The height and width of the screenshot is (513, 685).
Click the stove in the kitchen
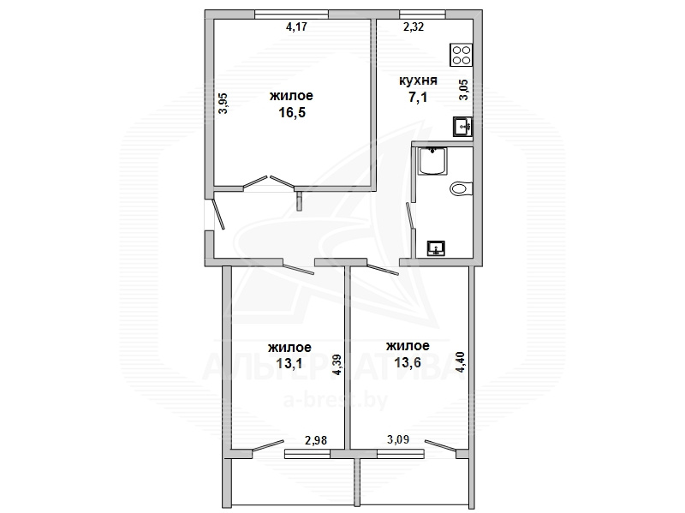[x=462, y=55]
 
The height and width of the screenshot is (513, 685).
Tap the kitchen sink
[x=462, y=126]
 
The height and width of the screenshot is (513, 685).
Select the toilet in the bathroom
[x=462, y=188]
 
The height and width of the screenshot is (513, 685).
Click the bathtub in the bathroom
[x=432, y=161]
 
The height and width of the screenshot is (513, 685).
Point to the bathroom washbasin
[x=436, y=248]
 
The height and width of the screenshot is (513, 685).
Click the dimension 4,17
[x=296, y=27]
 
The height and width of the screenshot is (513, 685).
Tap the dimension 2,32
[x=414, y=27]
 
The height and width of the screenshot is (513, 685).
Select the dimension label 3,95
[x=223, y=104]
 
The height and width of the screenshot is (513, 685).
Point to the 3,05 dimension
[x=463, y=90]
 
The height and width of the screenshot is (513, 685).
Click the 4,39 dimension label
[x=337, y=365]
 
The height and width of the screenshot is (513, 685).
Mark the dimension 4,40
[x=461, y=362]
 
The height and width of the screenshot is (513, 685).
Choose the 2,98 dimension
[x=316, y=440]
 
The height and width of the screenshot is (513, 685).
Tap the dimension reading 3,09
[x=398, y=438]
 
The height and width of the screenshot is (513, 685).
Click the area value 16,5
[x=292, y=113]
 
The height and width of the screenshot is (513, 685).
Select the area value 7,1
[x=418, y=98]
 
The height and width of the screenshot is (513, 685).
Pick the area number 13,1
[x=289, y=363]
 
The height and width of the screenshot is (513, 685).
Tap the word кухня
[x=418, y=81]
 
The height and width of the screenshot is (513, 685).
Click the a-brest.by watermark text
[x=336, y=400]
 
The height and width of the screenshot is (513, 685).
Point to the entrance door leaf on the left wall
[x=217, y=214]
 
